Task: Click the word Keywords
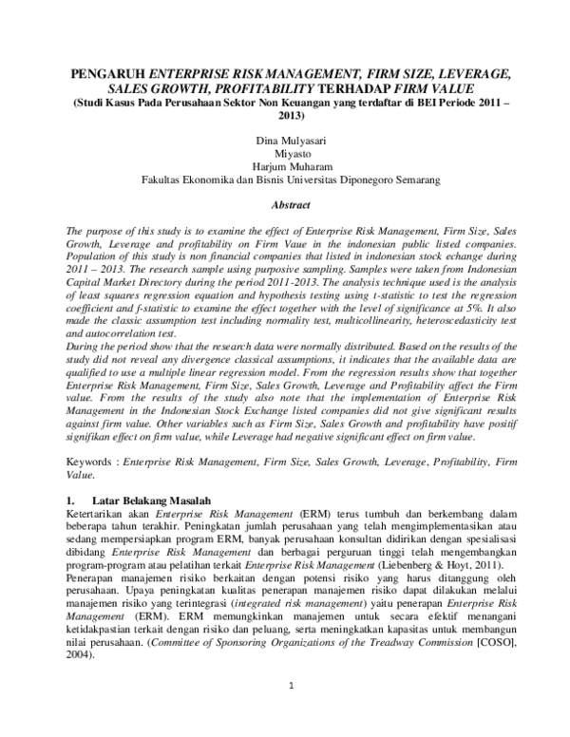click(91, 459)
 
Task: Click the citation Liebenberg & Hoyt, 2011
click(452, 565)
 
